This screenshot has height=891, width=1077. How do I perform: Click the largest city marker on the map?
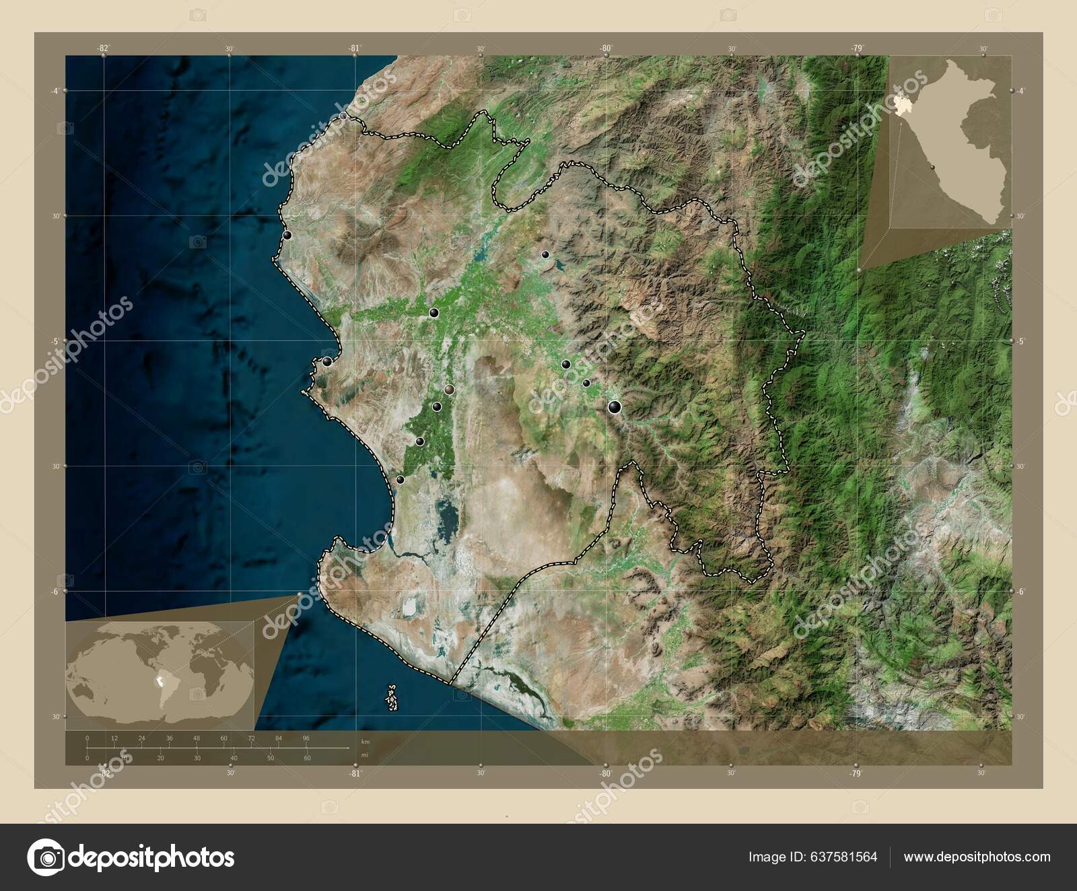(615, 406)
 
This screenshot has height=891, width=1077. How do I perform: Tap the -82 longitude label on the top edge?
(102, 48)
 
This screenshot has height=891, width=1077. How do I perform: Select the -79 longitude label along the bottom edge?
(856, 773)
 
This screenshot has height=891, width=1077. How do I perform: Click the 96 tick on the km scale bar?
(306, 738)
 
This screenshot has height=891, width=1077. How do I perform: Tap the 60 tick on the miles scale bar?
(307, 758)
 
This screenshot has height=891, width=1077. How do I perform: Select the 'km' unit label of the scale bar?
(366, 741)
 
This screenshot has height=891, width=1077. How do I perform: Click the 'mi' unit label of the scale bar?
(365, 755)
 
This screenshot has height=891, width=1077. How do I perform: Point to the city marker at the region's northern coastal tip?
(344, 116)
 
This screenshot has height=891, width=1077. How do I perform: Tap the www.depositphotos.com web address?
(977, 857)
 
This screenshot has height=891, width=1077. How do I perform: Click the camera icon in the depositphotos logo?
(45, 857)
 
